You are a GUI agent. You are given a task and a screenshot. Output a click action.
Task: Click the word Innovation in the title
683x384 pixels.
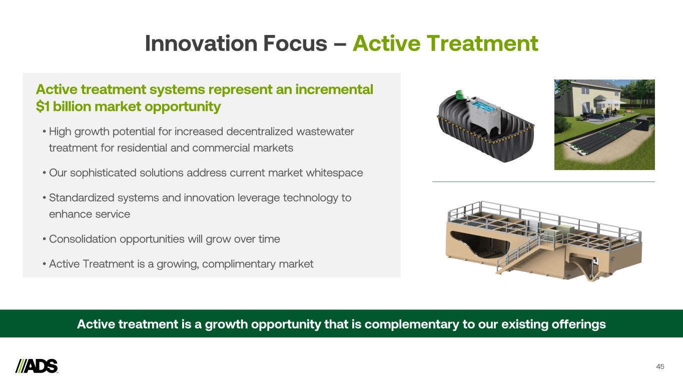(x=201, y=43)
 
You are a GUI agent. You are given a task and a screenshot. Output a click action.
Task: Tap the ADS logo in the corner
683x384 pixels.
(x=37, y=366)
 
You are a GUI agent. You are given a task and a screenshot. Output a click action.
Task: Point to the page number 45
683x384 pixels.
(x=660, y=366)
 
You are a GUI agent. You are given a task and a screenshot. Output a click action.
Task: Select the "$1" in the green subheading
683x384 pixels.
(x=43, y=106)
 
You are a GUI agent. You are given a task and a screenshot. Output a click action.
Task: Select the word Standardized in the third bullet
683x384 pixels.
(x=82, y=198)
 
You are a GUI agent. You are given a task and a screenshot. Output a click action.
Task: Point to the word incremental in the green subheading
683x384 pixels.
(x=334, y=89)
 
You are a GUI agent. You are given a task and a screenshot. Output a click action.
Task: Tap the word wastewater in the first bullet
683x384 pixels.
(x=325, y=131)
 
